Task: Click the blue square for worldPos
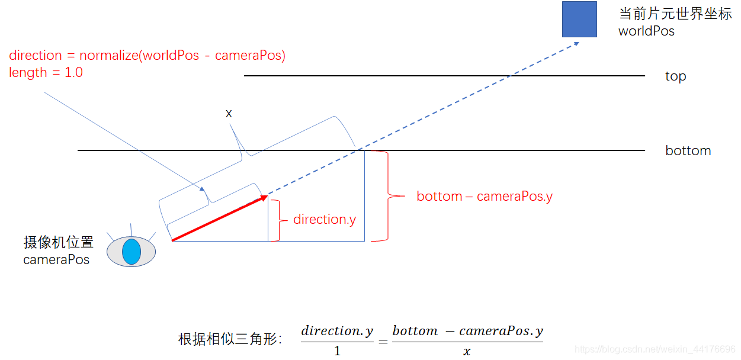pyautogui.click(x=579, y=20)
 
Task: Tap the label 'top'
pyautogui.click(x=675, y=76)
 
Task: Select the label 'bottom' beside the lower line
pyautogui.click(x=688, y=150)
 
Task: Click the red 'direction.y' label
pyautogui.click(x=325, y=220)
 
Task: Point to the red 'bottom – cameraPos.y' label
pyautogui.click(x=485, y=197)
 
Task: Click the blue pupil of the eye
pyautogui.click(x=131, y=252)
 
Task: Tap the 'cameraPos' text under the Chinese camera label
pyautogui.click(x=56, y=260)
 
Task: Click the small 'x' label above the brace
pyautogui.click(x=229, y=113)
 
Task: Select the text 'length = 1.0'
pyautogui.click(x=46, y=72)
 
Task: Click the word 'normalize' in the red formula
pyautogui.click(x=107, y=56)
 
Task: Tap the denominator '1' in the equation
pyautogui.click(x=337, y=351)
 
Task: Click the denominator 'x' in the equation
pyautogui.click(x=467, y=351)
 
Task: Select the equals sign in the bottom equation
pyautogui.click(x=383, y=341)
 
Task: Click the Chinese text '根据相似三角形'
pyautogui.click(x=230, y=339)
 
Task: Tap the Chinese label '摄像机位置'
pyautogui.click(x=59, y=243)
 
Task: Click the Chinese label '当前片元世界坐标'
pyautogui.click(x=675, y=14)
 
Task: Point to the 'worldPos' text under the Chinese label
pyautogui.click(x=646, y=31)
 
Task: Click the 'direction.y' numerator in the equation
pyautogui.click(x=337, y=331)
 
